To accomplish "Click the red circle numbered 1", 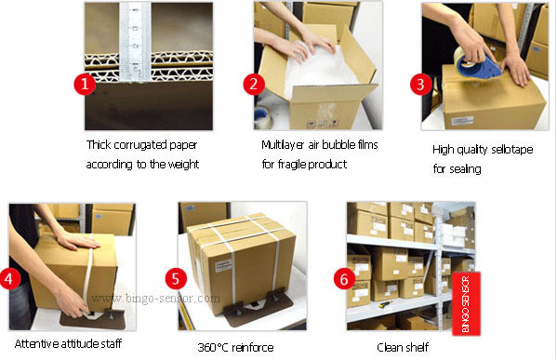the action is [x=85, y=84].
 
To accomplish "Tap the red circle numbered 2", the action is [x=254, y=84].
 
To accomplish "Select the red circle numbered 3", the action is [x=421, y=85].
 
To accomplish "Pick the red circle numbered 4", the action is [x=9, y=279].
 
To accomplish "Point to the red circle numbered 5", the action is [x=176, y=279].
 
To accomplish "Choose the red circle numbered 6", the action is [x=344, y=279].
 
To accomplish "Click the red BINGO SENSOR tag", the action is [x=466, y=304].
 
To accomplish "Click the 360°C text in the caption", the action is [x=213, y=347].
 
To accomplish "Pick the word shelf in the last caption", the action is [x=418, y=347].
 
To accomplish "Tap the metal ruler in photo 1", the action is [x=136, y=42].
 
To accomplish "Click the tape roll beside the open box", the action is [x=263, y=116].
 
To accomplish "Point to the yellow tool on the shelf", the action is [x=385, y=304].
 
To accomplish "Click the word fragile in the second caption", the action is [x=292, y=165].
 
